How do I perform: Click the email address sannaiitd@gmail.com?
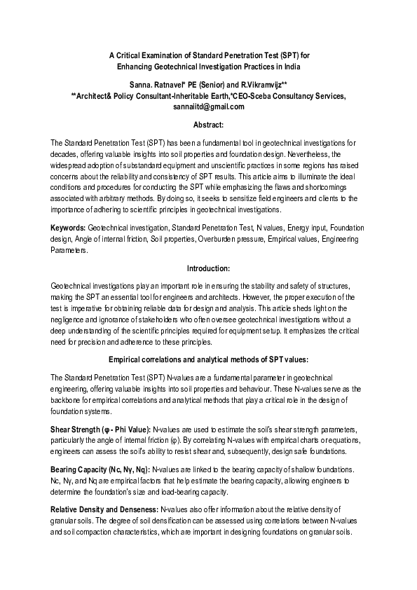point(208,107)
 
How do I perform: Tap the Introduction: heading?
point(208,268)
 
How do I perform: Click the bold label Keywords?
point(69,228)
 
